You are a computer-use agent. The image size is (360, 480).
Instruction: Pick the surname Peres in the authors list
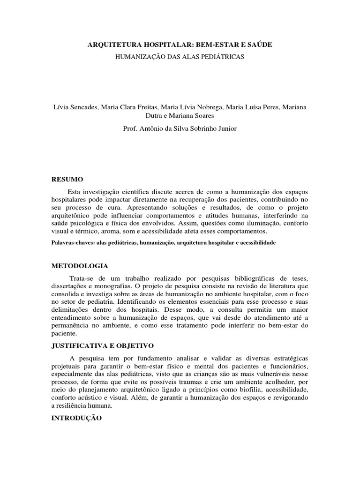pos(270,107)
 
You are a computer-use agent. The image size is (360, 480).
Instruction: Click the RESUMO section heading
pos(67,179)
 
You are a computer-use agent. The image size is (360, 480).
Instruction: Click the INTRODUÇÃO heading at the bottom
pos(76,417)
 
